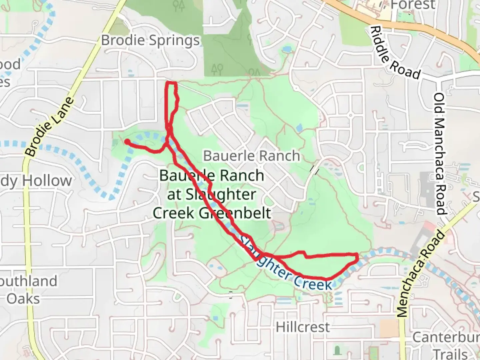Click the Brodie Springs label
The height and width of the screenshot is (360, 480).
(x=150, y=41)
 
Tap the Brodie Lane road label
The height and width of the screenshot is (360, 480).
(x=49, y=127)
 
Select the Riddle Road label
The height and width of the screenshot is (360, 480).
(x=395, y=53)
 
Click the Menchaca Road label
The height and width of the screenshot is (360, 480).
(x=421, y=274)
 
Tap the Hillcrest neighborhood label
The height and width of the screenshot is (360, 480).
(x=303, y=327)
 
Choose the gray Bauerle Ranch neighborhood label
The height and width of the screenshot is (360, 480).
(x=252, y=156)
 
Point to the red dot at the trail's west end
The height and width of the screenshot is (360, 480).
(x=127, y=142)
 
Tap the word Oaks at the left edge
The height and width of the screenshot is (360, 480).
(x=23, y=298)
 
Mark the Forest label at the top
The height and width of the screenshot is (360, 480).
(x=413, y=5)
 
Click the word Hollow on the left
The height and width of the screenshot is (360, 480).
(x=47, y=181)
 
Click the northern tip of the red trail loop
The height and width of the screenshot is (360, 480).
(x=171, y=83)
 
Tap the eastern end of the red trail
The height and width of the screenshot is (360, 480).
(x=357, y=257)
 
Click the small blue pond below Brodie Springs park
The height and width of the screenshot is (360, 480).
(x=286, y=50)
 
